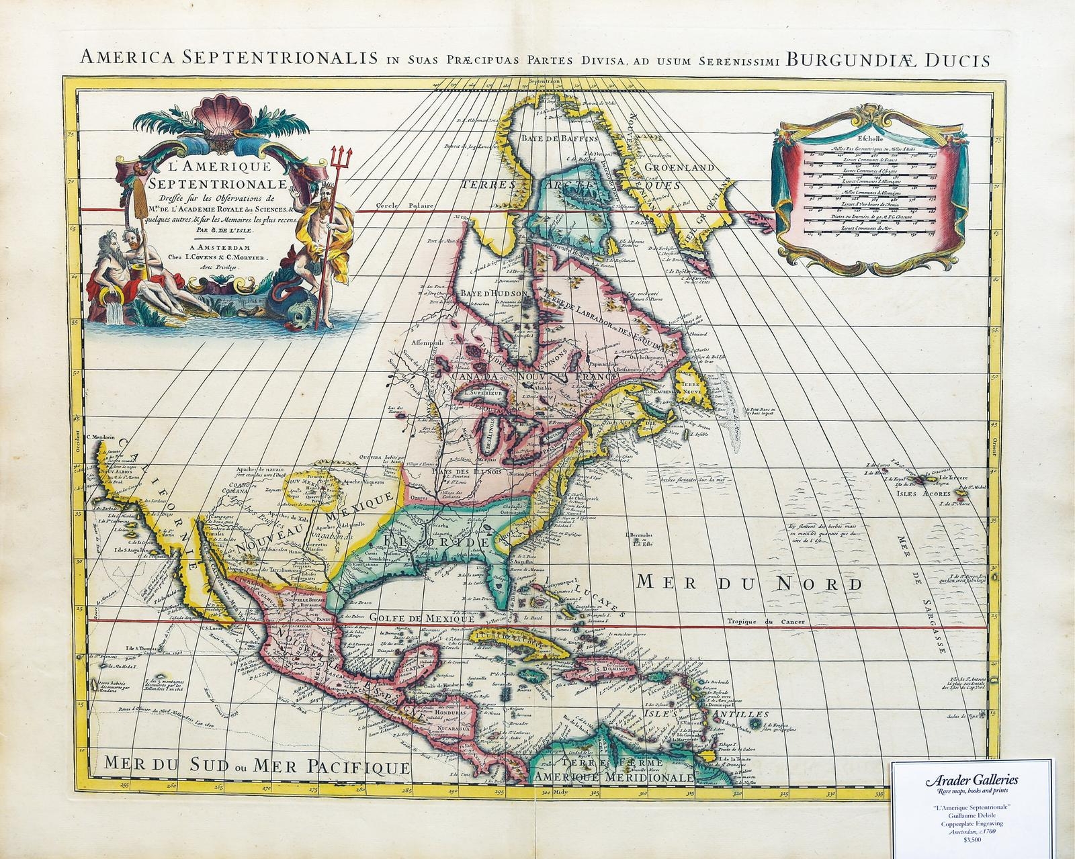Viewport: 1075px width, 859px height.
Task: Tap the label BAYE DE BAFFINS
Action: click(558, 139)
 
